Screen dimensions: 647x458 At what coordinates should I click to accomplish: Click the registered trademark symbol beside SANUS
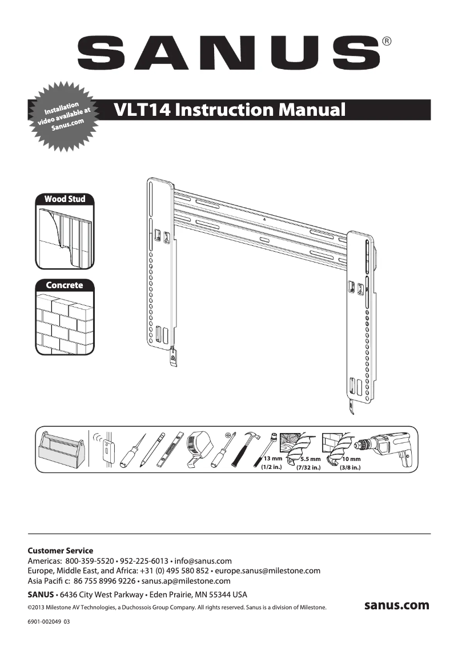[x=387, y=41]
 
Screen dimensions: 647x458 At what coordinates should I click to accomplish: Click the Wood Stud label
[x=65, y=199]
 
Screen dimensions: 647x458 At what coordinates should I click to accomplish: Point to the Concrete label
[x=65, y=285]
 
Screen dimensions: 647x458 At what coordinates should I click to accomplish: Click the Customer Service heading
[x=60, y=551]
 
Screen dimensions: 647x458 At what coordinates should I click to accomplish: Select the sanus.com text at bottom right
[x=396, y=605]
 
